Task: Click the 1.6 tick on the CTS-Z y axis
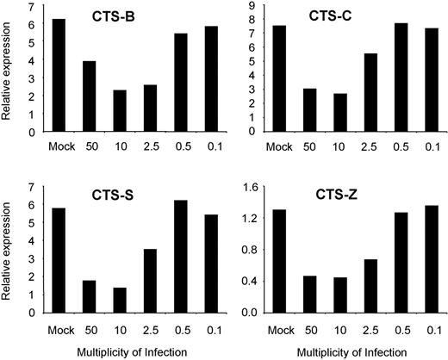251,186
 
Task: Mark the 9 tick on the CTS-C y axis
254,6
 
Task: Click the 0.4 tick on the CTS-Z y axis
251,281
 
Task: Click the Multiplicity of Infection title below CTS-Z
353,351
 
